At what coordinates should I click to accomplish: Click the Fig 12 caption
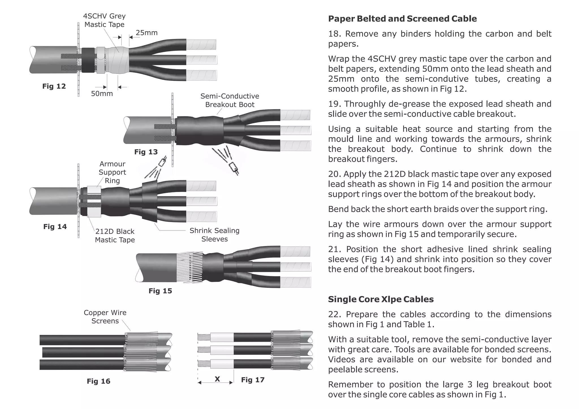point(54,86)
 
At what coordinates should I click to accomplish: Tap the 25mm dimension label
point(146,33)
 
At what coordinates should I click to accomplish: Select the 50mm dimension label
point(102,93)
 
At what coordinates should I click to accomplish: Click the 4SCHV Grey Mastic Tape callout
point(104,20)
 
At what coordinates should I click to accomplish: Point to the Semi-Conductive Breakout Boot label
point(230,100)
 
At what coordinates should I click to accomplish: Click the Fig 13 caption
point(146,152)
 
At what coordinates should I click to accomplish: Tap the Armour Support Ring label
point(112,172)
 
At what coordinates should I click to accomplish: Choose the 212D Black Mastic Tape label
point(115,236)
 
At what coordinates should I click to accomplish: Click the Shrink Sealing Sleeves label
point(214,235)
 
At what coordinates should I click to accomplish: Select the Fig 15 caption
point(160,291)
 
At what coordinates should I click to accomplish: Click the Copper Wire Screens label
point(105,317)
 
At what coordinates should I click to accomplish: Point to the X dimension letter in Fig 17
point(217,379)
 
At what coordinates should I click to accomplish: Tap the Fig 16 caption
point(98,381)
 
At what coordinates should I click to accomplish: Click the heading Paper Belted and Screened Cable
point(402,19)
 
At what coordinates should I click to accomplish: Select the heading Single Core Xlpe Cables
point(381,299)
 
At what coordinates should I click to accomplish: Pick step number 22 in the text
point(334,314)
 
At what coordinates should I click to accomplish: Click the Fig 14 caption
point(55,227)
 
